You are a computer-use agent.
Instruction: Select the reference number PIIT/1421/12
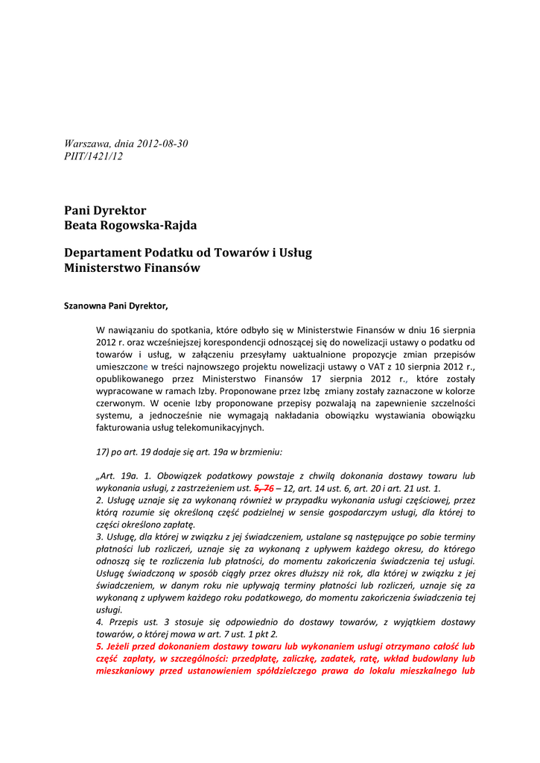pyautogui.click(x=94, y=156)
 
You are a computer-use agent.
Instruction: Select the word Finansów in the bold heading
pyautogui.click(x=168, y=267)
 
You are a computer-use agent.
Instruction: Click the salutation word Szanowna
pyautogui.click(x=85, y=305)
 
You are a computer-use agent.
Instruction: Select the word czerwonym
pyautogui.click(x=120, y=403)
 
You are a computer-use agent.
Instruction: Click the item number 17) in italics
pyautogui.click(x=104, y=452)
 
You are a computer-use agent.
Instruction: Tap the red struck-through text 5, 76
pyautogui.click(x=264, y=487)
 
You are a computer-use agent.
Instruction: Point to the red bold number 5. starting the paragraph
pyautogui.click(x=101, y=647)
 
